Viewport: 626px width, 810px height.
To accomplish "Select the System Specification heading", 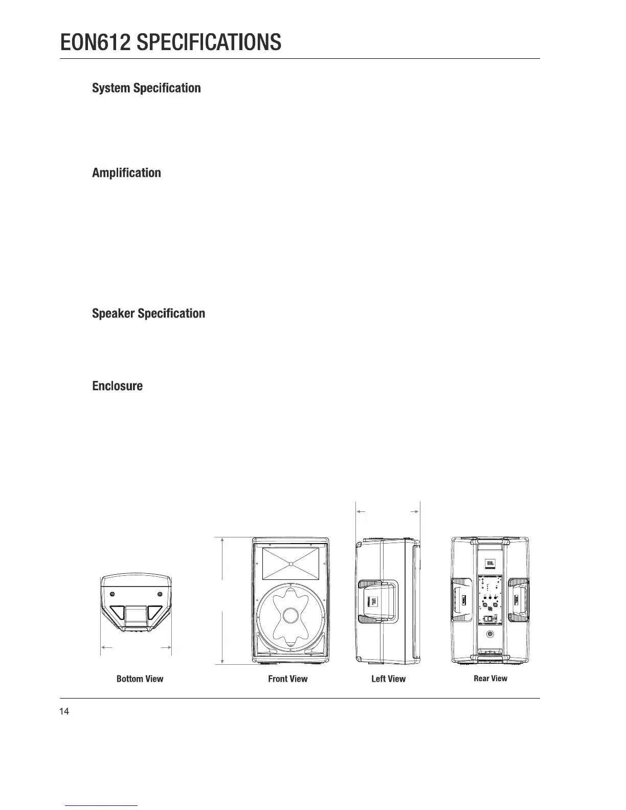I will [x=146, y=88].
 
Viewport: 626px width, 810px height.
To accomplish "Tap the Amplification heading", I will [x=126, y=173].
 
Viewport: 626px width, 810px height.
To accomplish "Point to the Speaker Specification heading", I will [x=148, y=313].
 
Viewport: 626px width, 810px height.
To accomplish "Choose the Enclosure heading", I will [x=117, y=386].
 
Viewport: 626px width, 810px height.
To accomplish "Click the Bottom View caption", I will [x=140, y=679].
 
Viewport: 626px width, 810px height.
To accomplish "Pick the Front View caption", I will [x=288, y=679].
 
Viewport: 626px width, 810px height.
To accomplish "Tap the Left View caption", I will [x=388, y=679].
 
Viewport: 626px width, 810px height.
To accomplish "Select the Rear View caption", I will [x=490, y=678].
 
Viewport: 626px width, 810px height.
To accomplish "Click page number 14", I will [x=64, y=711].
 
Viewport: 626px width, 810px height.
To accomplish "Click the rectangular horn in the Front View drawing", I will [x=290, y=564].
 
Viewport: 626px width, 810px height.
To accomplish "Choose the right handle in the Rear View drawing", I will [x=519, y=601].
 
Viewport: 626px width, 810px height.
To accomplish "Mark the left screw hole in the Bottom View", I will [x=113, y=593].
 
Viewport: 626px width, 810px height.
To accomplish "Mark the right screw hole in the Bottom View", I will [x=160, y=593].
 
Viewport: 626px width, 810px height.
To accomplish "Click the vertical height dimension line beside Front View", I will [x=222, y=601].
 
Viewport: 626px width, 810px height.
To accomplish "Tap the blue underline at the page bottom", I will [x=102, y=805].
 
